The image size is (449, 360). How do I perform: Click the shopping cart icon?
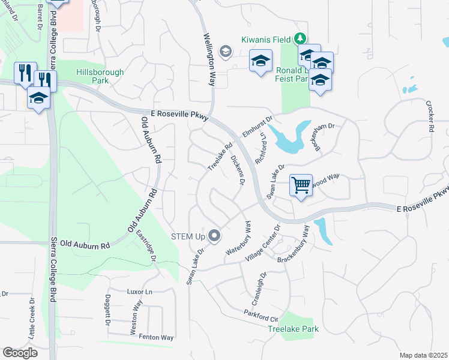[x=301, y=185]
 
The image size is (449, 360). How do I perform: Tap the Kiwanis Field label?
[x=266, y=39]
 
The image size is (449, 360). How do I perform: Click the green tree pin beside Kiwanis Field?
[x=300, y=40]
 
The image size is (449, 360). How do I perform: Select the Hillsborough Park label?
[x=100, y=76]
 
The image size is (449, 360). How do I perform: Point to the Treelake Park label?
[x=293, y=329]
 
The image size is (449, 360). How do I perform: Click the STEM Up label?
[x=188, y=236]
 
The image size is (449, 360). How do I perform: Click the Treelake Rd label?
[x=220, y=155]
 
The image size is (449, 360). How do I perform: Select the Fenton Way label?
[x=156, y=338]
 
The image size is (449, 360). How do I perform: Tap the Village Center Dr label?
[x=262, y=243]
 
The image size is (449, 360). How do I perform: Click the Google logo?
[x=20, y=353]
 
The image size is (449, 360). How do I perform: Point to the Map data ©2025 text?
[x=423, y=355]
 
